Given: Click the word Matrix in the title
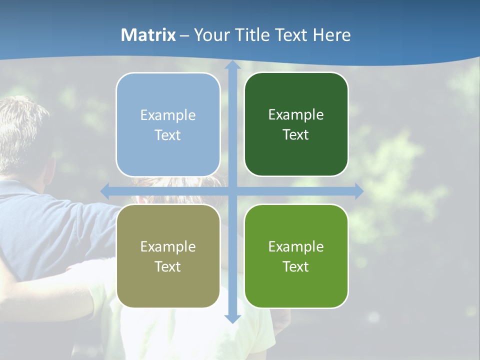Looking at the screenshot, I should coord(148,35).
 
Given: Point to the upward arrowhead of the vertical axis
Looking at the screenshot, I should coord(232,65).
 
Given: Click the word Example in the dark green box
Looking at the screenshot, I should coord(296,115).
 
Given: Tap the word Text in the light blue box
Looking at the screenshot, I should coord(167,135).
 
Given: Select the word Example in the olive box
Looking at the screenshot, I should coord(168,246).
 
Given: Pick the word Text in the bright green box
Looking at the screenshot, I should coord(296,266).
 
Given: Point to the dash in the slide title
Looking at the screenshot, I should coord(184,35).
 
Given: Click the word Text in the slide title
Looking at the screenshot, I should coord(290,35).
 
